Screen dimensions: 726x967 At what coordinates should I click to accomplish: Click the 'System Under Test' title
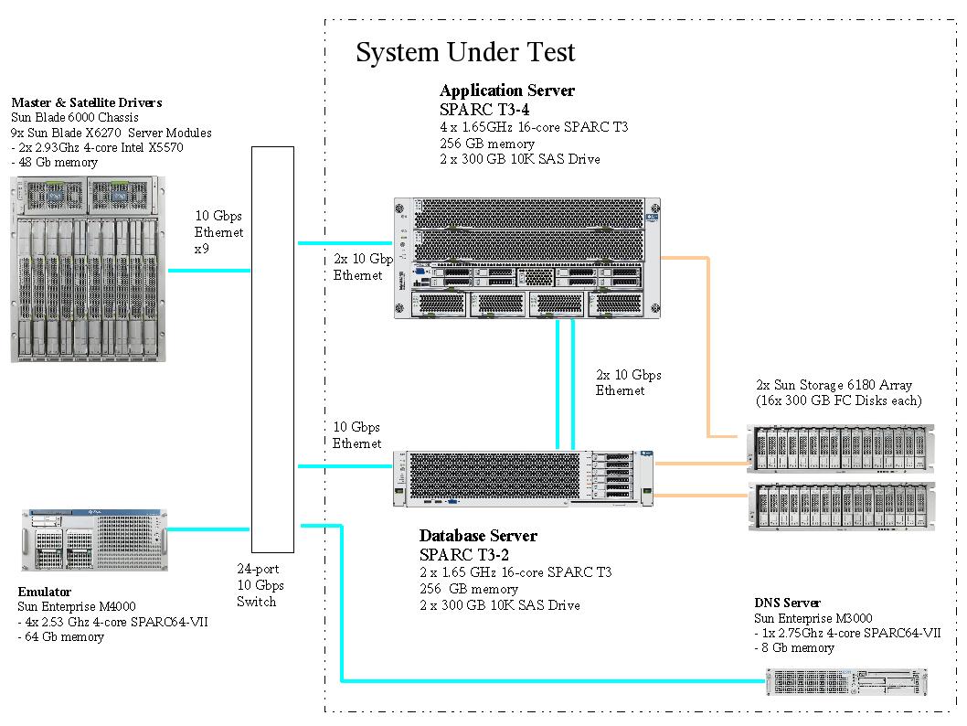[465, 52]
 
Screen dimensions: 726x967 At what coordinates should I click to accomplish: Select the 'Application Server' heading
[507, 91]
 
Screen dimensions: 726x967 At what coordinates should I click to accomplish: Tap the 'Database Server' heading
[478, 536]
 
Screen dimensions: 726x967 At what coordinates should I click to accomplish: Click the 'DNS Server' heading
[787, 603]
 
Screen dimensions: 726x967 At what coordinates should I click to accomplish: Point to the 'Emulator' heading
[45, 593]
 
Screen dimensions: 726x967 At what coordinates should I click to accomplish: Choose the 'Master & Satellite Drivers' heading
[86, 102]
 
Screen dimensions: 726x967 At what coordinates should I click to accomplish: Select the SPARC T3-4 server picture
[526, 258]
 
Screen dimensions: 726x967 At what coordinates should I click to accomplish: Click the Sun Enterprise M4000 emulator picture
[94, 540]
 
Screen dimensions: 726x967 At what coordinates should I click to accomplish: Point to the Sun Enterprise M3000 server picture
[845, 682]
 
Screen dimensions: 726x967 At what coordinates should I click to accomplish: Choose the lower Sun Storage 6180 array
[842, 507]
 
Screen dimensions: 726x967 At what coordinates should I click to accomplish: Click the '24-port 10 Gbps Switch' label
[260, 585]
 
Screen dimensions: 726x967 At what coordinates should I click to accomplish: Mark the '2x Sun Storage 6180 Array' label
[834, 385]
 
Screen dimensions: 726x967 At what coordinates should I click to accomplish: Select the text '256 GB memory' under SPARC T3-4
[486, 144]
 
